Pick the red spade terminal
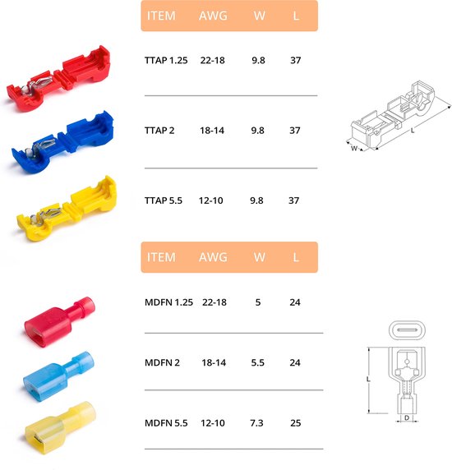[59, 321]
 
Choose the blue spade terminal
[58, 376]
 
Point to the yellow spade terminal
[60, 428]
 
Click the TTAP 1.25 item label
[166, 60]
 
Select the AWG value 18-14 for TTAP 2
[212, 131]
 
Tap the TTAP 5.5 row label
[164, 200]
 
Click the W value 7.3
[256, 423]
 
